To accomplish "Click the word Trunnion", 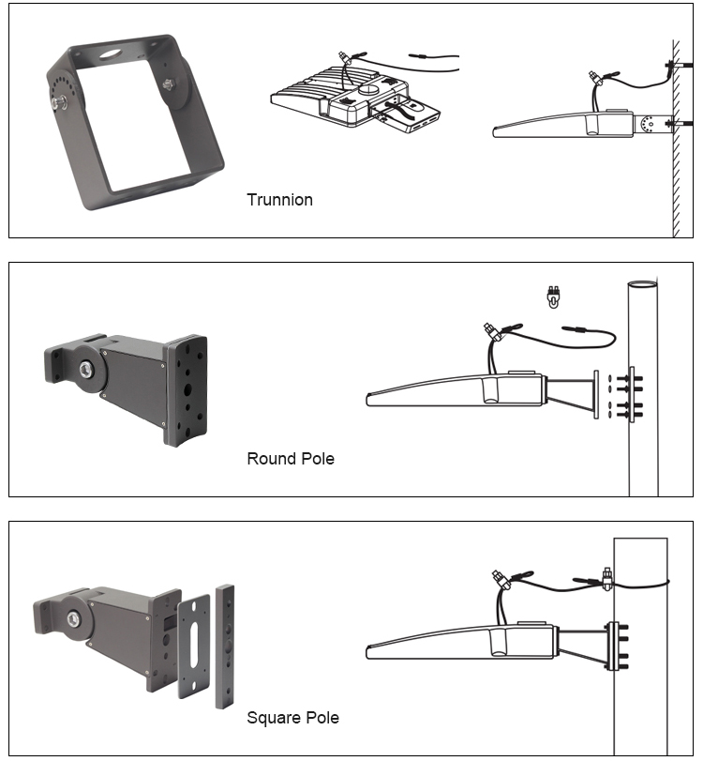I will click(x=279, y=200).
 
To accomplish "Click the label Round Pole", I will click(x=290, y=459).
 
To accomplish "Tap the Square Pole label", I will click(x=292, y=718).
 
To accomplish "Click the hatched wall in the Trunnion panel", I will click(x=678, y=141).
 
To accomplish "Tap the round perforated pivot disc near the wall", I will click(x=649, y=124).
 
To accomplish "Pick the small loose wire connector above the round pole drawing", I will click(x=553, y=297).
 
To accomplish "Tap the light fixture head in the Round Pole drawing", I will click(x=441, y=388).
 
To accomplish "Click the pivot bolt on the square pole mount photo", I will click(x=74, y=617).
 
